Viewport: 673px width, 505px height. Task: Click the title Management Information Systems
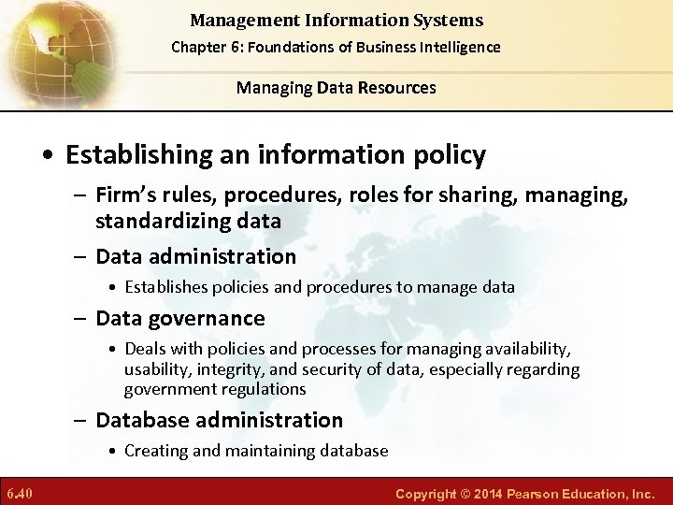pos(336,20)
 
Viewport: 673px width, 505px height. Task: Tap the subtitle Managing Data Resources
pos(336,88)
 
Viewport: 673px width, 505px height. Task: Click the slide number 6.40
pos(21,492)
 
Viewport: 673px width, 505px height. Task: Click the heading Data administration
pos(195,256)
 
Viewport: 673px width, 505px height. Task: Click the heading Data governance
pos(180,318)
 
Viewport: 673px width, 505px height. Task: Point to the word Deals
pos(145,349)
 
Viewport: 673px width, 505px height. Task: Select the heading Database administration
pos(220,420)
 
